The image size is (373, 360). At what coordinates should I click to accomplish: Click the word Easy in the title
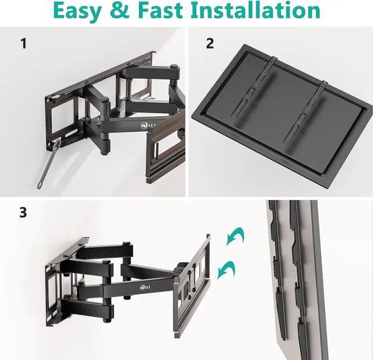(85, 11)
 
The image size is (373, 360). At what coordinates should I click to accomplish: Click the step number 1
(23, 44)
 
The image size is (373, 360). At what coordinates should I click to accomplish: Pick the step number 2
(210, 43)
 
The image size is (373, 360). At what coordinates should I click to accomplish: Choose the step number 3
(23, 212)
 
